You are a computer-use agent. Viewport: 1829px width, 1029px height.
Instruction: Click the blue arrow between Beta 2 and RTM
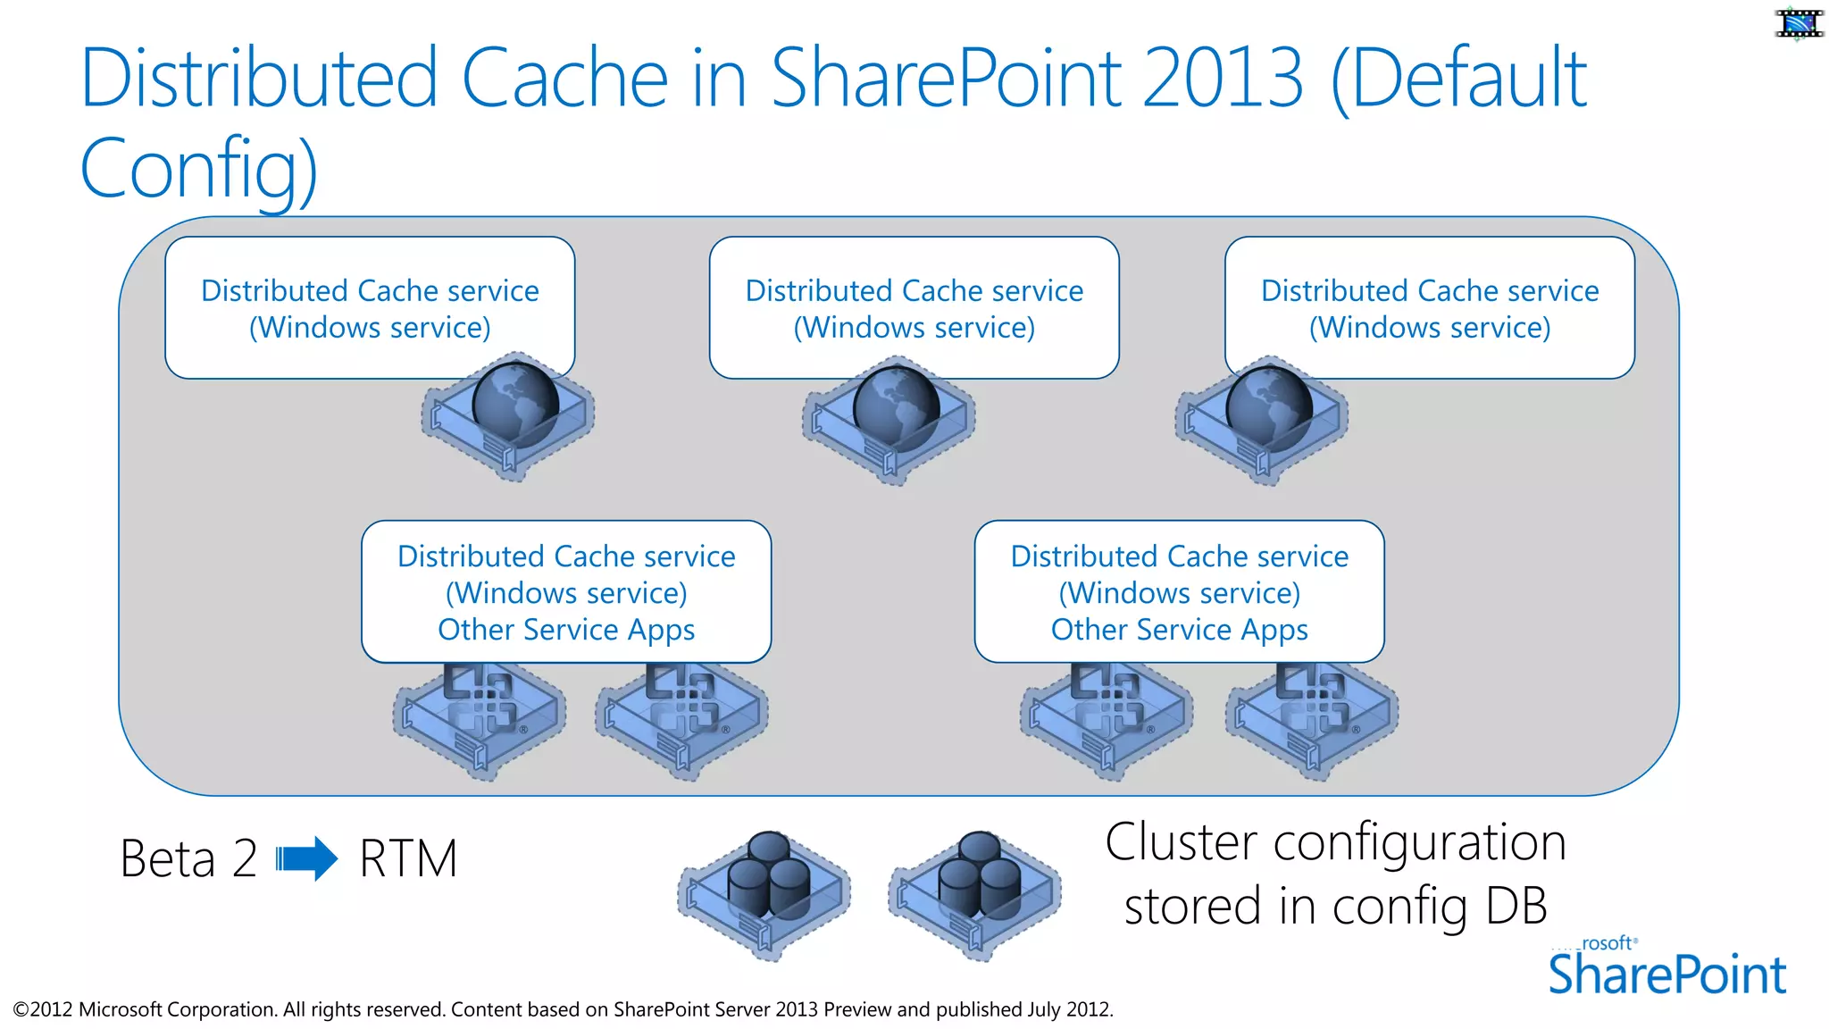pos(306,859)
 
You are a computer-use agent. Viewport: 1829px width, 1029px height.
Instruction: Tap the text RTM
pos(408,859)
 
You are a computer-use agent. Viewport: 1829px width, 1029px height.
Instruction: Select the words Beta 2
pos(188,859)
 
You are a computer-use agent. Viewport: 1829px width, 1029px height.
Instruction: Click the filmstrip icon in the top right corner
pos(1798,23)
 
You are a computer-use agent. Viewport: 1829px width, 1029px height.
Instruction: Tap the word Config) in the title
pos(198,168)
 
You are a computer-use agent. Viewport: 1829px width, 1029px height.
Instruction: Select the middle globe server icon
pos(889,418)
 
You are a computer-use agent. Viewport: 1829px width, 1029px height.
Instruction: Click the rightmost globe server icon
pos(1262,418)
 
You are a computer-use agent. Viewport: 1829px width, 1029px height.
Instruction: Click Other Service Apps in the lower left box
pos(566,630)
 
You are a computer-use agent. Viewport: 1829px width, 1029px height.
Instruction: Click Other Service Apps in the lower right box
pos(1179,630)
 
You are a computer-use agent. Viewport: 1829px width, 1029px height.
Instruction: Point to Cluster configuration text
pos(1335,842)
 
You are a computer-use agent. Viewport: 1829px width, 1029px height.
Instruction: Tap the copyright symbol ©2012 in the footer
pos(43,1009)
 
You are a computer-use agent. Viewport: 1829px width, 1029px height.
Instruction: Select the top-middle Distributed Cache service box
pos(914,307)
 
